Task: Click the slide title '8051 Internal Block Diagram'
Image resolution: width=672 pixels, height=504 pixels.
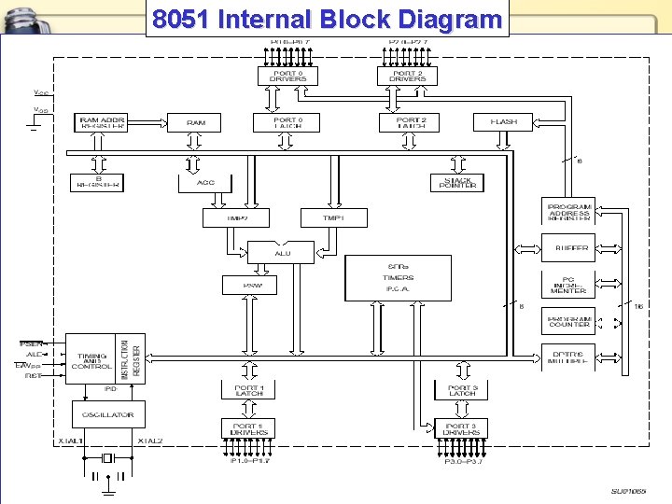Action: click(327, 20)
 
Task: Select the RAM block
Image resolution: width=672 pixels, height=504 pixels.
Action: click(196, 122)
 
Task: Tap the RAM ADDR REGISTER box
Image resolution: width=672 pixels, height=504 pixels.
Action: click(103, 122)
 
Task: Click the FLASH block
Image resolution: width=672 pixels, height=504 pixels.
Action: click(504, 122)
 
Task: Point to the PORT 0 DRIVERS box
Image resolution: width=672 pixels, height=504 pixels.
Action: click(287, 76)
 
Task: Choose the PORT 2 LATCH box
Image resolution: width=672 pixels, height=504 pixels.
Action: click(411, 122)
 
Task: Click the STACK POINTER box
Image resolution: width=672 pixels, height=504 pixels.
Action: click(457, 183)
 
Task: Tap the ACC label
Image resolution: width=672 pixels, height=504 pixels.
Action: click(205, 183)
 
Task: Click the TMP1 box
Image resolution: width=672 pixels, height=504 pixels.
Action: click(333, 217)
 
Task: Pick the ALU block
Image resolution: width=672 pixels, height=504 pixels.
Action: click(283, 253)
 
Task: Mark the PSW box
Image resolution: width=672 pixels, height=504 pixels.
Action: click(249, 285)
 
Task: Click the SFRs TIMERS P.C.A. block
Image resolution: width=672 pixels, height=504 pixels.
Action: click(399, 277)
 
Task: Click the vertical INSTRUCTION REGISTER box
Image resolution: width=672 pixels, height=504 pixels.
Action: click(132, 357)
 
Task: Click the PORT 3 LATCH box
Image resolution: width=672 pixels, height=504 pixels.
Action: click(461, 390)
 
